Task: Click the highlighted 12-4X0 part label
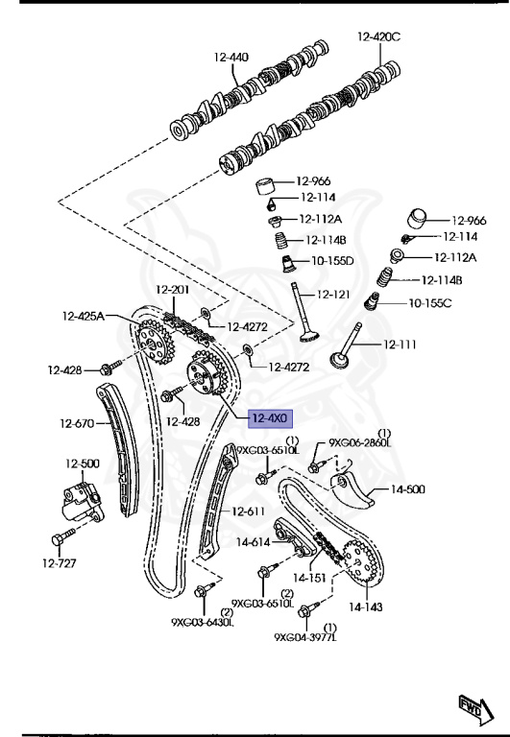[271, 417]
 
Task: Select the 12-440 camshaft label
[231, 58]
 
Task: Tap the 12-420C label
[378, 36]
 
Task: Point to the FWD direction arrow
[475, 709]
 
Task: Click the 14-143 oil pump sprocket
[360, 561]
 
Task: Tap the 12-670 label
[77, 423]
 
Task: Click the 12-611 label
[249, 511]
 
